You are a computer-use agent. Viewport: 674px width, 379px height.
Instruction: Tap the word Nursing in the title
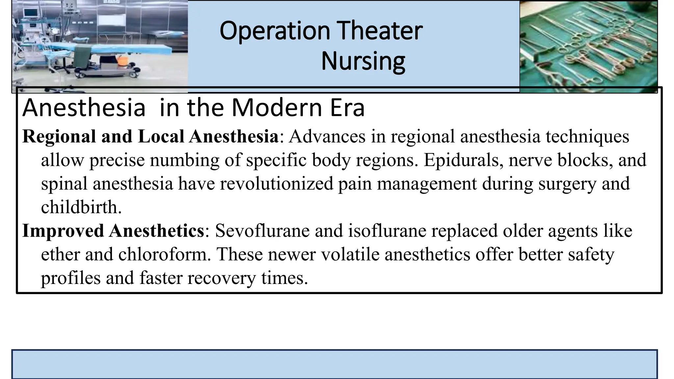(x=363, y=61)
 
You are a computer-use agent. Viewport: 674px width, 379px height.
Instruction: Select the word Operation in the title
(x=275, y=31)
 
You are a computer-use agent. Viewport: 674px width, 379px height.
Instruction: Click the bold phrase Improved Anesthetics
(x=113, y=231)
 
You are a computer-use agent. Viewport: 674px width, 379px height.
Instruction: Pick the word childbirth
(x=81, y=207)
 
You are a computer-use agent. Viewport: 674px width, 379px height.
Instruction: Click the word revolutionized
(x=276, y=184)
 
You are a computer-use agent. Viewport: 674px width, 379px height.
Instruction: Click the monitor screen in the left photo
(x=30, y=13)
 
